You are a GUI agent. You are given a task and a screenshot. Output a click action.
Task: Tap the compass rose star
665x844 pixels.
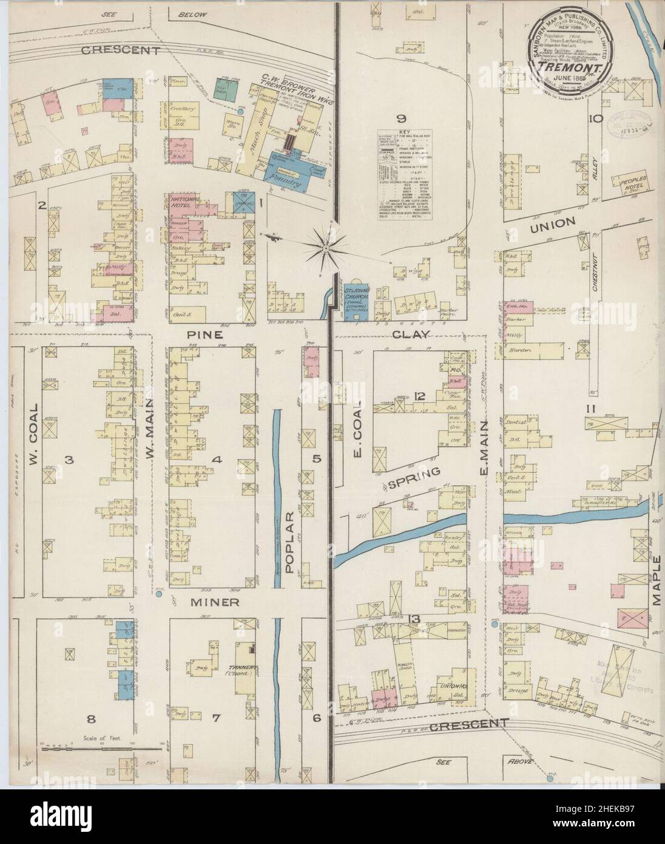click(x=325, y=245)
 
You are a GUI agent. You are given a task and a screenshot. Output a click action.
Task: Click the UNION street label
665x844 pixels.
click(x=552, y=223)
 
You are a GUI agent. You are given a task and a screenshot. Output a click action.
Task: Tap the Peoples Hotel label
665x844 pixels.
click(x=635, y=184)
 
